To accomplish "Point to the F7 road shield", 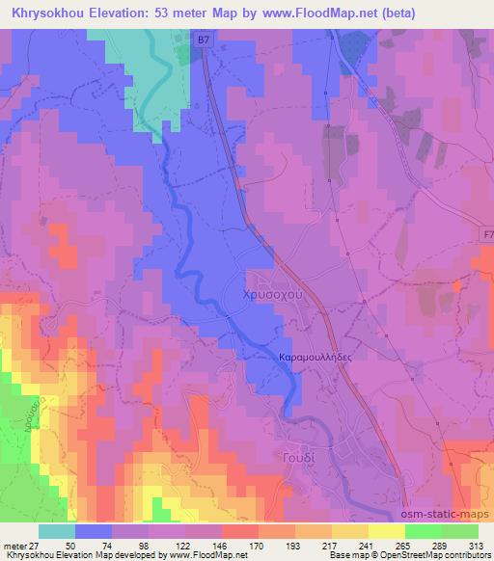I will click(x=485, y=234).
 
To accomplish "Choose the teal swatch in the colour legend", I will click(x=56, y=531).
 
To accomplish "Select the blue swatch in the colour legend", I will click(x=94, y=531).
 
